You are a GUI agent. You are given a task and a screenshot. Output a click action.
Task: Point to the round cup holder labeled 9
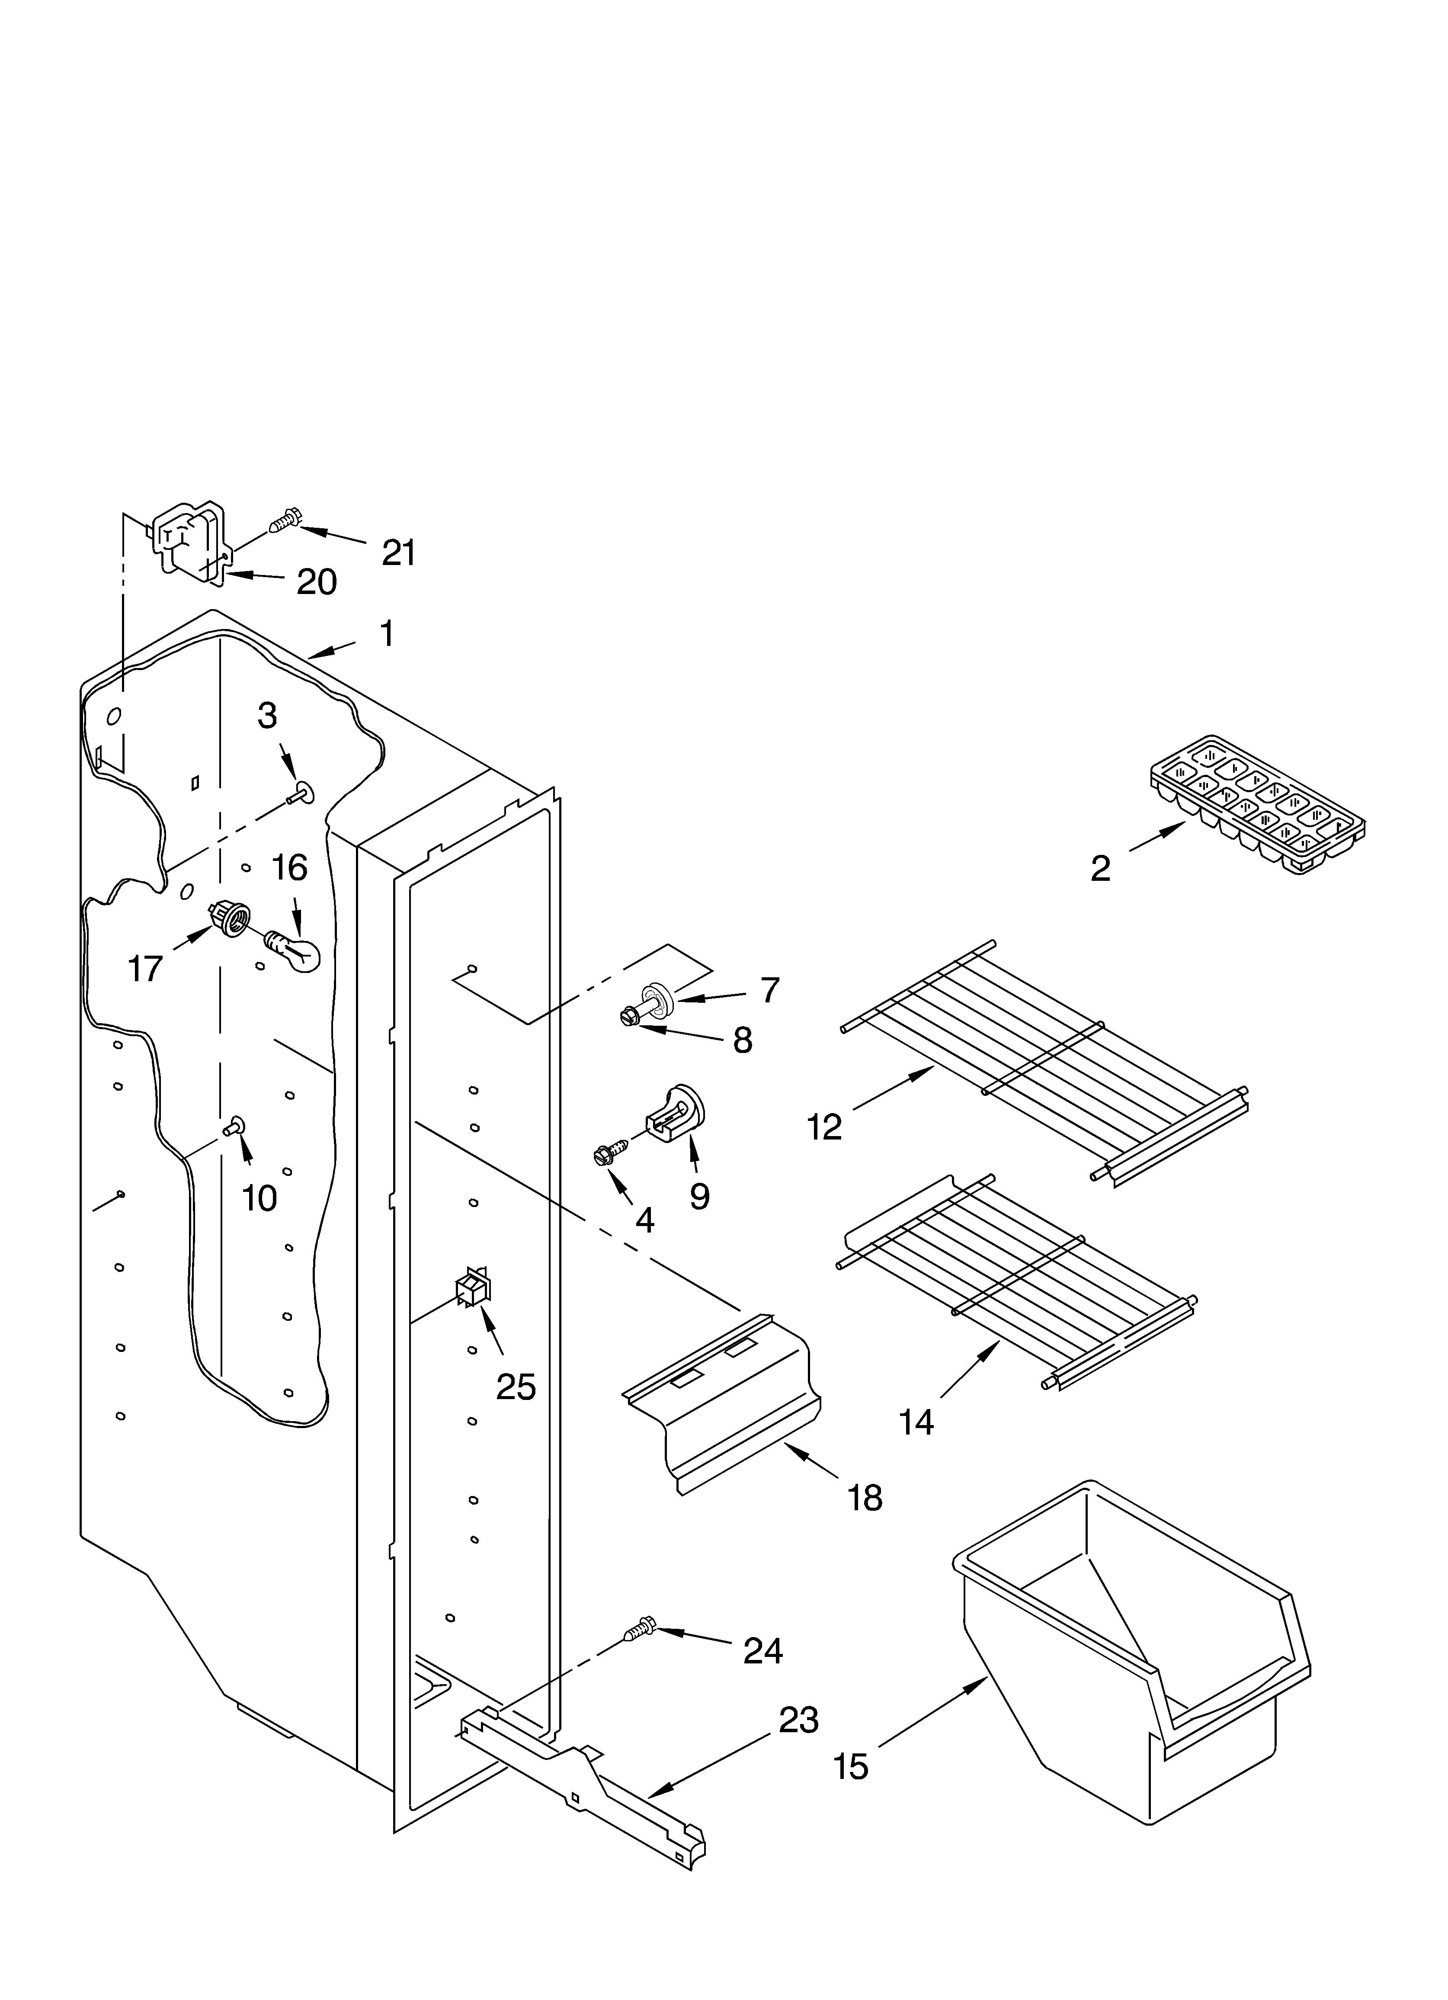679,1111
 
